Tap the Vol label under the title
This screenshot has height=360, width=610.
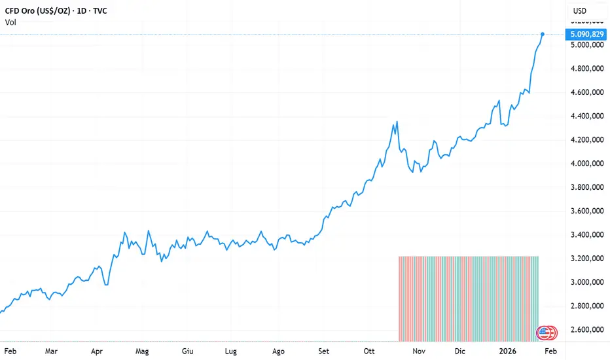(11, 22)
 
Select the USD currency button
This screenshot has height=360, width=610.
(580, 11)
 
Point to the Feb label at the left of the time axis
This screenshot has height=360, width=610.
(10, 351)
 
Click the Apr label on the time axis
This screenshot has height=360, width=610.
(97, 351)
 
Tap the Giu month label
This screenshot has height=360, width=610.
(188, 351)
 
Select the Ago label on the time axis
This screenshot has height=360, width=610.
(278, 351)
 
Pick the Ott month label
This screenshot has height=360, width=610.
(370, 351)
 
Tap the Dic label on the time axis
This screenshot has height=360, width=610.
(460, 351)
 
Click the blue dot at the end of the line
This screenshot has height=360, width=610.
(543, 33)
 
